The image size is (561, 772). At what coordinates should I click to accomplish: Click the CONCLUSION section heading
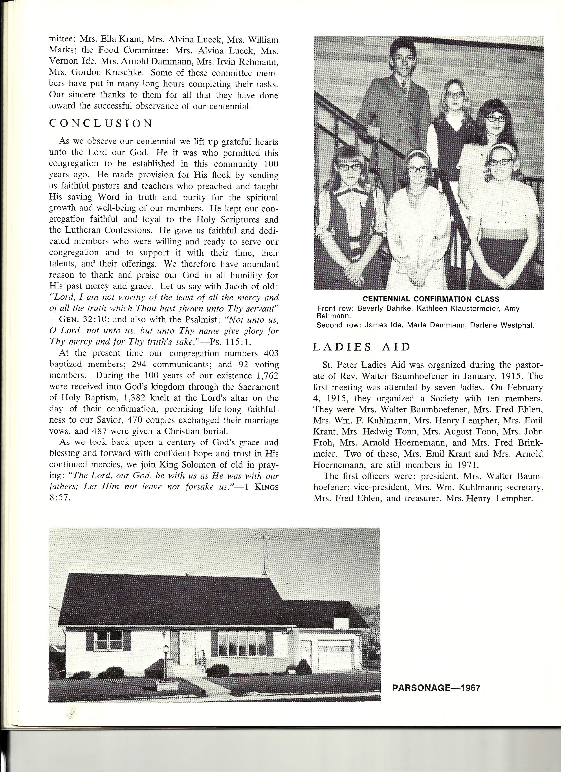(101, 124)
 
